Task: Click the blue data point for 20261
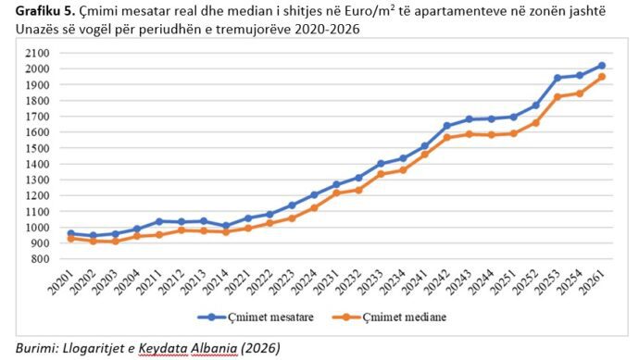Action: coord(602,66)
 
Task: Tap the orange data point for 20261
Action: coord(602,77)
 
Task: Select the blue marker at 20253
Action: coord(558,78)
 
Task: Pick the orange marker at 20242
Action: coord(447,137)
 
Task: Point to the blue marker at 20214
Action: coord(226,225)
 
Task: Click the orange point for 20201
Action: coord(71,239)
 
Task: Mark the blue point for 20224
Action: coord(314,195)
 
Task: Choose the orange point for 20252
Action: coord(535,122)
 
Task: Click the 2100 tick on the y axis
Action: coord(37,53)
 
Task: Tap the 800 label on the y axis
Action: coord(41,259)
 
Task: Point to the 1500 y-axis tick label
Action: coord(37,148)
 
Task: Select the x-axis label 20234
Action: coord(393,281)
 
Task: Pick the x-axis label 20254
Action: coord(570,281)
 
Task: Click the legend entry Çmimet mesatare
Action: coord(256,317)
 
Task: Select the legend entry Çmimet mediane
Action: coord(389,317)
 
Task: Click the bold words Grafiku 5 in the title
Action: coord(45,11)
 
